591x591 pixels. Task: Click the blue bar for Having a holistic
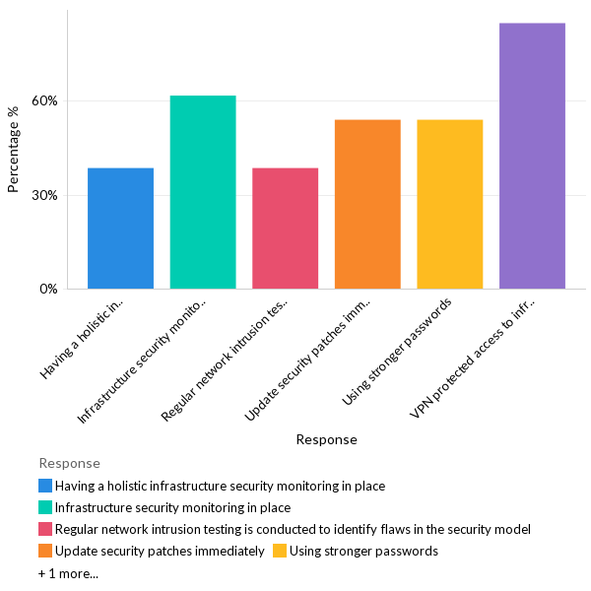tap(120, 229)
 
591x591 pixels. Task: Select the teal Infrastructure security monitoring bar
tap(203, 192)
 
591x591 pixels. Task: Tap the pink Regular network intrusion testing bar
tap(285, 229)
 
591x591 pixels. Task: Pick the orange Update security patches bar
tap(367, 204)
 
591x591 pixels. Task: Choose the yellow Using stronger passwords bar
tap(450, 204)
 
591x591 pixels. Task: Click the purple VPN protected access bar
tap(532, 156)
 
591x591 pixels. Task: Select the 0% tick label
tap(48, 290)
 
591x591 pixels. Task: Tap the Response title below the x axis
tap(326, 439)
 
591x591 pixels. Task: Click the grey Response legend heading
tap(69, 463)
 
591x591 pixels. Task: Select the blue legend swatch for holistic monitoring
tap(45, 486)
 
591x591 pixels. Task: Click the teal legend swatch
tap(45, 507)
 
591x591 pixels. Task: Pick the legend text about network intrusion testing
tap(293, 529)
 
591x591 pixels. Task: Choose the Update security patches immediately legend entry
tap(160, 551)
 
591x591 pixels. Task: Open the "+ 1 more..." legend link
tap(68, 572)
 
